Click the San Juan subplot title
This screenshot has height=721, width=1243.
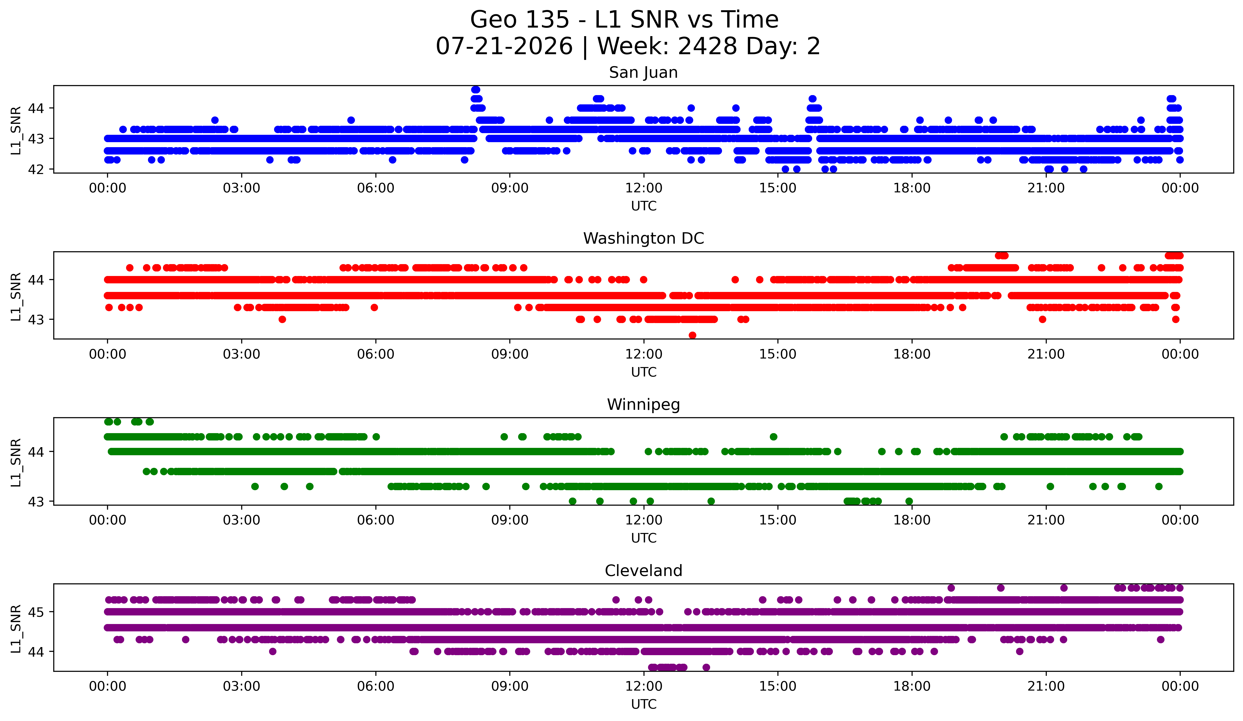[x=643, y=73]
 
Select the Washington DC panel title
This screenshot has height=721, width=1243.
[x=643, y=238]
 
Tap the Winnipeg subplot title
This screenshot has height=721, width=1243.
[x=643, y=405]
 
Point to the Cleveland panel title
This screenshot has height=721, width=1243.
[x=643, y=571]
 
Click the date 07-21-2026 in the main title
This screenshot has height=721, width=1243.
[x=504, y=46]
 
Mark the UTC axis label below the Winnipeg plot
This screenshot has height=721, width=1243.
[x=644, y=538]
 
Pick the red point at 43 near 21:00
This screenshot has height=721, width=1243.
[x=1042, y=319]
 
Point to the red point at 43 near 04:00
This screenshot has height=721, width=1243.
[x=282, y=319]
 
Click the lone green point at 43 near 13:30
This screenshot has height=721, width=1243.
[x=711, y=501]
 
